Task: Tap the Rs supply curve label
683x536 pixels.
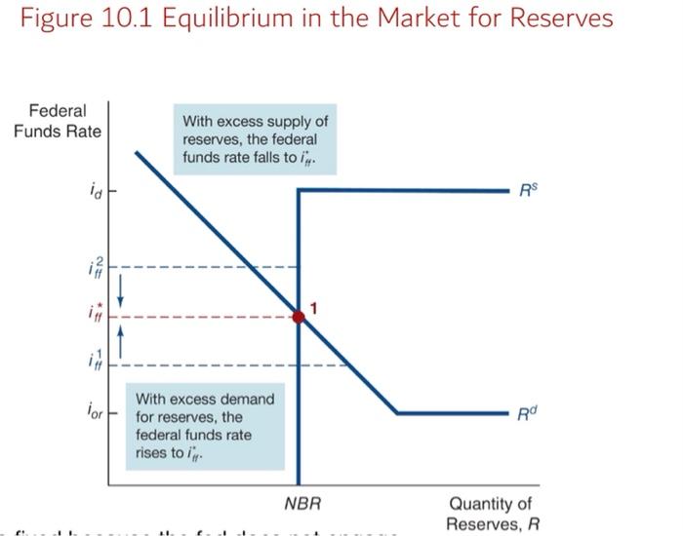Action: pos(529,189)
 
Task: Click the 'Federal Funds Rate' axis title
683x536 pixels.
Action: pos(57,121)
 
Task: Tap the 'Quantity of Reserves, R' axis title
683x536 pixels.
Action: pos(490,514)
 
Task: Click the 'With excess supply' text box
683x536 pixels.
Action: pos(255,139)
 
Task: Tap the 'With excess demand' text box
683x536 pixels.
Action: pos(205,426)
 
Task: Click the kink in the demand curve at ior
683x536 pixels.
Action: pos(397,413)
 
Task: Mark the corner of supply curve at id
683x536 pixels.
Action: pos(299,189)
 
